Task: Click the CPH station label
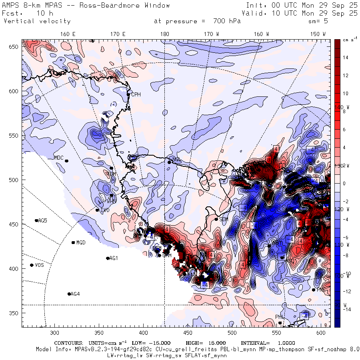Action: pos(136,94)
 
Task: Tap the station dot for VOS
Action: pos(32,265)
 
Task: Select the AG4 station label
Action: pos(75,294)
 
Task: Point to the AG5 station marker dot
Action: pos(36,220)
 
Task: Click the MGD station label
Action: pos(81,243)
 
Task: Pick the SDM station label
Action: pos(224,219)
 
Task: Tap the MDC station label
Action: pos(59,158)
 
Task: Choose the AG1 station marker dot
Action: pos(108,258)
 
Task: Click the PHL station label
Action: pos(279,317)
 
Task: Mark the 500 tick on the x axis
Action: pos(232,332)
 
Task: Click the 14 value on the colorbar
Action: pos(346,58)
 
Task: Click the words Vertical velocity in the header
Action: pos(37,21)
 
